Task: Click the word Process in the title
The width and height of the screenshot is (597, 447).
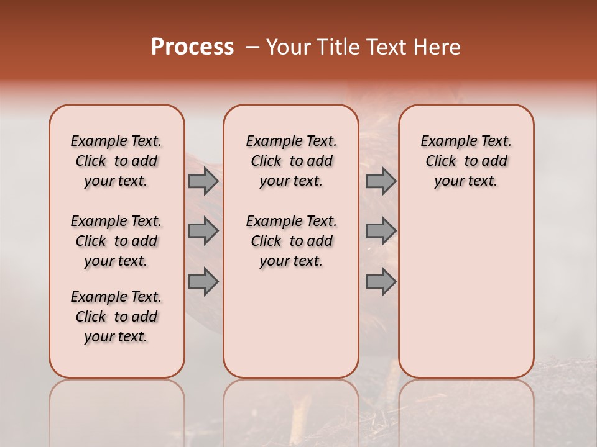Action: point(192,47)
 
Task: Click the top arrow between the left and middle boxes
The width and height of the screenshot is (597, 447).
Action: point(203,181)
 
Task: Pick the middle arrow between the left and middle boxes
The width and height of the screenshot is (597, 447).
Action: point(203,231)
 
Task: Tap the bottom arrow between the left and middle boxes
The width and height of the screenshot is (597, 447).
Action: point(203,282)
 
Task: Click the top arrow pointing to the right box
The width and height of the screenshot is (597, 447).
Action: point(381,181)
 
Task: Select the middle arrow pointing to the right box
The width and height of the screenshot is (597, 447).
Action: point(381,231)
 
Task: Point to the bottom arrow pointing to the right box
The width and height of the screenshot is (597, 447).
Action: point(381,282)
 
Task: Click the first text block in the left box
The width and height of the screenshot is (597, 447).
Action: point(116,161)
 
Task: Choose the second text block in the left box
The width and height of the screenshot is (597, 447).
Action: point(116,241)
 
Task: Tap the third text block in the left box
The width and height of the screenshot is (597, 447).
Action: point(116,317)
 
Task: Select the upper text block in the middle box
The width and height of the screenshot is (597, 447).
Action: point(291,161)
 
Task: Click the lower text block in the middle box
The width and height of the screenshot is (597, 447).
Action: point(291,241)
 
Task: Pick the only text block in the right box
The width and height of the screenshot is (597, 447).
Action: point(466,161)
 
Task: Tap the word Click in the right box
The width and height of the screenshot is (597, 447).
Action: point(441,161)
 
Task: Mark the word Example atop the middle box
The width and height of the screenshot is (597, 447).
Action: point(272,142)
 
